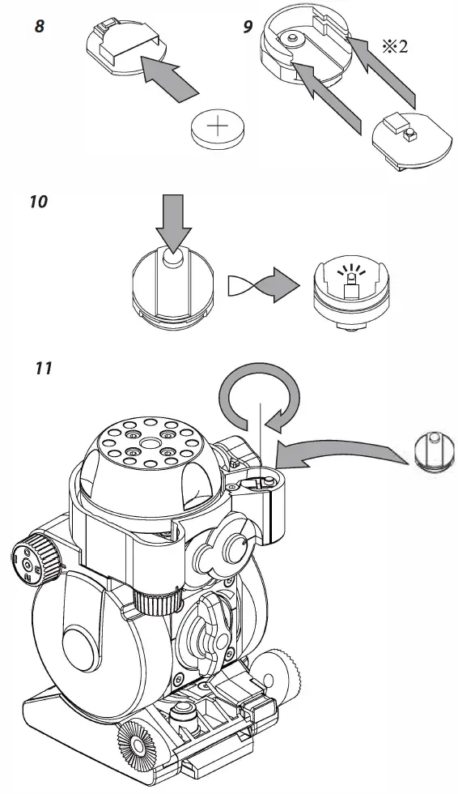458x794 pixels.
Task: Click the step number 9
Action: click(248, 26)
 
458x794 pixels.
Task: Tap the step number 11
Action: click(43, 368)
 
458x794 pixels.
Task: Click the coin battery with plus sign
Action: click(218, 129)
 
